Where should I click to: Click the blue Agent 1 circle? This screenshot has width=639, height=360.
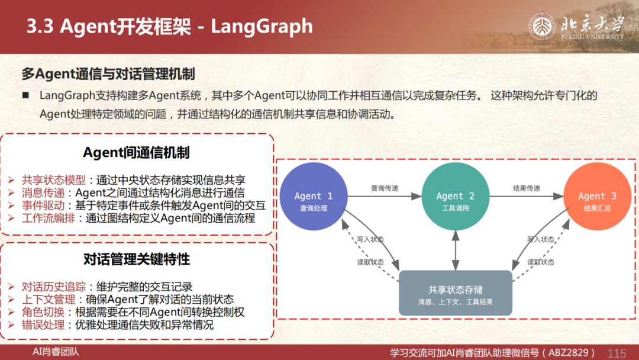(314, 197)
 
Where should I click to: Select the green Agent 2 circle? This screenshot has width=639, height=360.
(455, 197)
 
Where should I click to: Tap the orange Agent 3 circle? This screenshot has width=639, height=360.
(597, 197)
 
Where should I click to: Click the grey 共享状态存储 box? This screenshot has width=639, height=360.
(455, 293)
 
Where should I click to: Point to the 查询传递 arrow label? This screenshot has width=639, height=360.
(385, 188)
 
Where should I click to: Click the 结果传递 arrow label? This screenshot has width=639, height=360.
(526, 188)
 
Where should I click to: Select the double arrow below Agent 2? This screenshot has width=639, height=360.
(455, 250)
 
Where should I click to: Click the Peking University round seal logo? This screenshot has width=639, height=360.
(541, 27)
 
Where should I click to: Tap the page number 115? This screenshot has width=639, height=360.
(617, 353)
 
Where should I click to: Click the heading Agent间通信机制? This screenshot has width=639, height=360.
(136, 153)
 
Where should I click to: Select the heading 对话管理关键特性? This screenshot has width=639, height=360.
(137, 259)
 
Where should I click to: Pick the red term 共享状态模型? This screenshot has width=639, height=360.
(54, 180)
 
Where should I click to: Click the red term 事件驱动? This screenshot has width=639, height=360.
(43, 205)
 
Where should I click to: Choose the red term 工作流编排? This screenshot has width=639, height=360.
(49, 218)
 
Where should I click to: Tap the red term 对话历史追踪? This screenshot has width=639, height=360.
(54, 287)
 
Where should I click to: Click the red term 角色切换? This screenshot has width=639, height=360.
(43, 312)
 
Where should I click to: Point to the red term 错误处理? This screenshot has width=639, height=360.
(43, 325)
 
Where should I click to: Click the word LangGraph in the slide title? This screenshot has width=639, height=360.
(262, 27)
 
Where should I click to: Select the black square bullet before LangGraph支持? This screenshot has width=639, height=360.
(25, 95)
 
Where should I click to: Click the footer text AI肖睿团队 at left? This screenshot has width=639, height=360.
(56, 352)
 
